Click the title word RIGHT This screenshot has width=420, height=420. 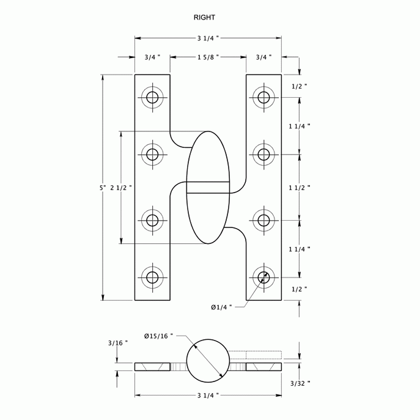pos(204,18)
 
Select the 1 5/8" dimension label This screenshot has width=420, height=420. pos(208,57)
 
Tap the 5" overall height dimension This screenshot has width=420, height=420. pos(103,187)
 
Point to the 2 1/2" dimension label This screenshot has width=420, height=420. pos(121,187)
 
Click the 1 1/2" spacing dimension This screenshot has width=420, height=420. pos(299,187)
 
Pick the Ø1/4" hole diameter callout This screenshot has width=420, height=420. pos(221,307)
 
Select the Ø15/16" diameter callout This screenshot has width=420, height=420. pos(158,336)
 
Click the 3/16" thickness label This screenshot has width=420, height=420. pos(116,343)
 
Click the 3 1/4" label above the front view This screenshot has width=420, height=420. pos(208,38)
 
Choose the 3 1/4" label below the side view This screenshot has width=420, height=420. pos(208,396)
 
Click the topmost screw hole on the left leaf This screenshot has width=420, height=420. pos(152,97)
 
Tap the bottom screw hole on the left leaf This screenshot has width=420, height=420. pos(152,277)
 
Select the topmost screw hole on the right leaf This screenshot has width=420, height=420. pos(263,97)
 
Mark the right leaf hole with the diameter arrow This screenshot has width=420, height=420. pos(263,277)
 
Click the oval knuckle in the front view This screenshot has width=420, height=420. pos(208,187)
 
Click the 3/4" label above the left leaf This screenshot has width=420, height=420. pos(152,57)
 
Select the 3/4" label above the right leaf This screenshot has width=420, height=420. pos(263,57)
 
